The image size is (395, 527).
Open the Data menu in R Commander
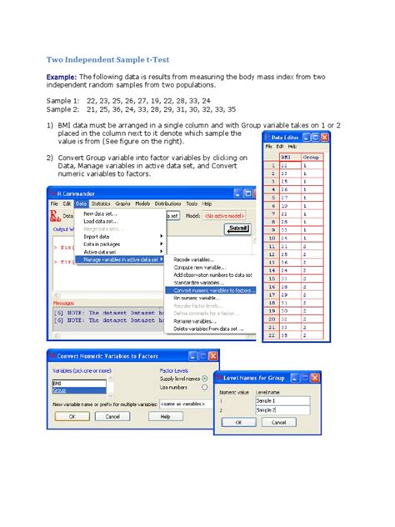(x=81, y=203)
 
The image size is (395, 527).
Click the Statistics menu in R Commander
(x=101, y=203)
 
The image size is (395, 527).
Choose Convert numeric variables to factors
(x=213, y=289)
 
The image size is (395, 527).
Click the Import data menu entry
(x=97, y=236)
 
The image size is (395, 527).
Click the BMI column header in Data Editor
(x=287, y=156)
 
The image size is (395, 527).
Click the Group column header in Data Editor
(x=310, y=156)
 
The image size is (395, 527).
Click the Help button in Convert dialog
(x=165, y=416)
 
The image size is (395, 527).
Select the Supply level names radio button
(x=203, y=379)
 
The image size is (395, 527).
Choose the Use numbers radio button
(x=203, y=388)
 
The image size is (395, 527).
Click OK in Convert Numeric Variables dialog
(x=72, y=416)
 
